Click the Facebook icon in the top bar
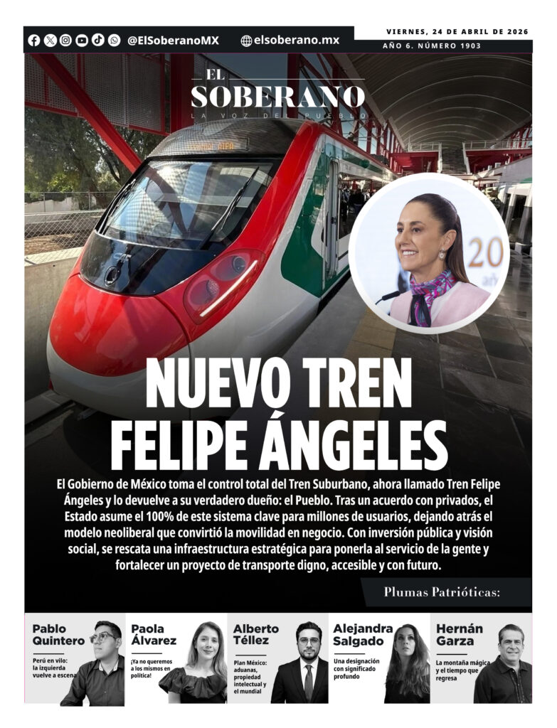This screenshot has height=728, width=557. (33, 41)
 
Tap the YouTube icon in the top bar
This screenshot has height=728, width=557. (82, 41)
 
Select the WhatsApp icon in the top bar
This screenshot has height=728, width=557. (115, 41)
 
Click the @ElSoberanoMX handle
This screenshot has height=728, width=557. (173, 41)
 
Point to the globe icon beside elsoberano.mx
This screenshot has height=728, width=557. (246, 41)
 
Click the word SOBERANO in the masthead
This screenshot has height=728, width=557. (277, 97)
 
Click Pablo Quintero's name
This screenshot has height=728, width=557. (58, 635)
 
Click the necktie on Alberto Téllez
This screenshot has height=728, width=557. (308, 678)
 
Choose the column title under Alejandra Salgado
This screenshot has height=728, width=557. (356, 668)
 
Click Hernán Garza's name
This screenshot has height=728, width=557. (460, 635)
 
